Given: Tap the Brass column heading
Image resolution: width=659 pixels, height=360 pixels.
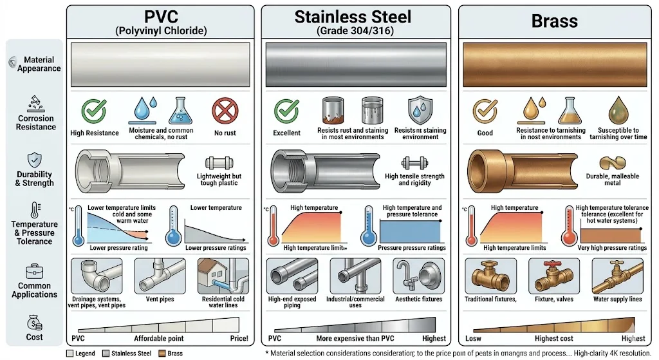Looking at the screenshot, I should coord(554,21).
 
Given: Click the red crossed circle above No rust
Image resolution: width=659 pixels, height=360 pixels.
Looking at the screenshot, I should coord(225,111).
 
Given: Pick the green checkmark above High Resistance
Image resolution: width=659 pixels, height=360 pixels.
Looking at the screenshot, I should coord(95,111).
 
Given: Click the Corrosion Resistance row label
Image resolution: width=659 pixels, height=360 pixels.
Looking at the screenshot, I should coord(36,122).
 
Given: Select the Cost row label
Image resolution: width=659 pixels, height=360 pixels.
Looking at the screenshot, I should coord(35,337).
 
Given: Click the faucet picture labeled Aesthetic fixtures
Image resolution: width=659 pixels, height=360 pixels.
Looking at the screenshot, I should coord(419,276).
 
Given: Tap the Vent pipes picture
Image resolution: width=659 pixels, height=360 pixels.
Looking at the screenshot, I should coord(160,276).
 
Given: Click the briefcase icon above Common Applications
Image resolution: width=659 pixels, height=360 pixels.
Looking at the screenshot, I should coord(34,272).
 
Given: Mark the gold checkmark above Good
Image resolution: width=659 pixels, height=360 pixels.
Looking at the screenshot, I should coord(485,111).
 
